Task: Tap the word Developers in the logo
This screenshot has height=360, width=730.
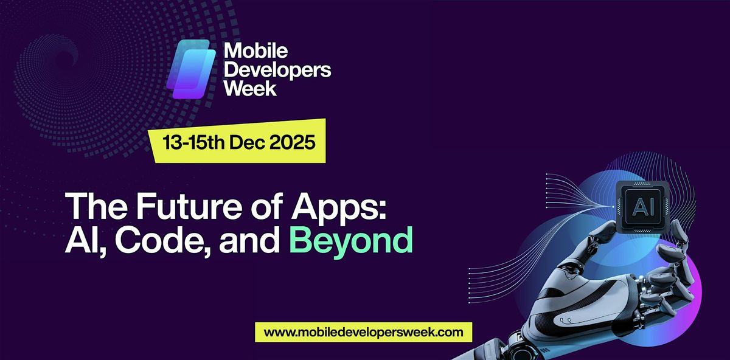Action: coord(277,71)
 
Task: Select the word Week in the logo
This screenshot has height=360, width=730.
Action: coord(251,89)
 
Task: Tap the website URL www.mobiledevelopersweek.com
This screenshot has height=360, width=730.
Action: coord(364,333)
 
